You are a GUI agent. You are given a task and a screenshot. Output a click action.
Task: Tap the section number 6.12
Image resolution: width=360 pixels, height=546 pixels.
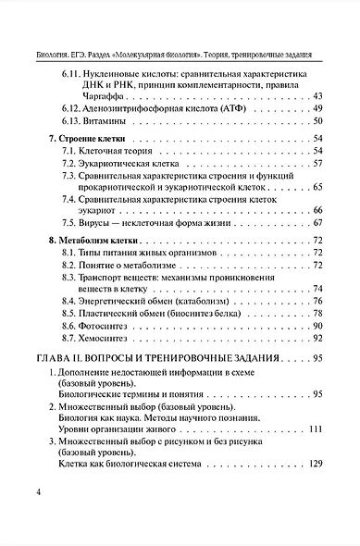[75, 108]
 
